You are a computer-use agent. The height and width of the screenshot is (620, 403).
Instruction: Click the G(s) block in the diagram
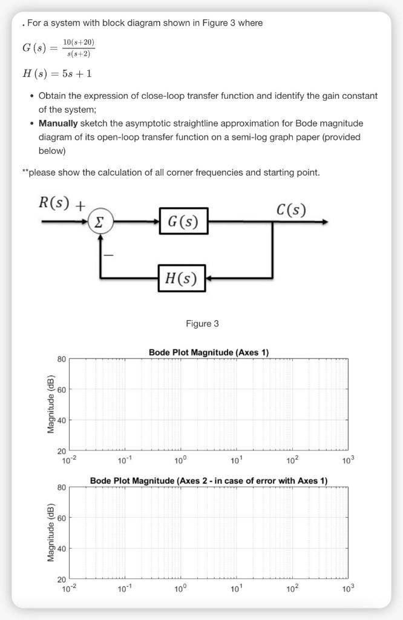click(183, 222)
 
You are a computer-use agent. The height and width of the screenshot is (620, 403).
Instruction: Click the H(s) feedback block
click(182, 279)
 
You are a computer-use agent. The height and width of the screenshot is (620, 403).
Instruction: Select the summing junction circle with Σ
click(100, 222)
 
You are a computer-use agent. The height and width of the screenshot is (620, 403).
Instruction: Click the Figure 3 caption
click(202, 324)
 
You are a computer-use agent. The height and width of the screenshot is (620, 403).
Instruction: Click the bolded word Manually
click(58, 123)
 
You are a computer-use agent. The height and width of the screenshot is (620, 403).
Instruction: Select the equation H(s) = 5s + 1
click(57, 73)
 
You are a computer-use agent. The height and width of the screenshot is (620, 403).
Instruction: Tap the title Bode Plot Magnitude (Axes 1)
click(208, 352)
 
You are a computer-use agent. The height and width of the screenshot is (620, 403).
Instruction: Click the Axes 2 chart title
click(208, 481)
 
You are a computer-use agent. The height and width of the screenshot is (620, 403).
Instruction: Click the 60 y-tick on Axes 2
click(61, 518)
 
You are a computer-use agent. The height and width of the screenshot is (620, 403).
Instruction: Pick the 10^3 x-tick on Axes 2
click(347, 587)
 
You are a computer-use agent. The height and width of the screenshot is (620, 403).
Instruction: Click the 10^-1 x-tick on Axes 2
click(124, 587)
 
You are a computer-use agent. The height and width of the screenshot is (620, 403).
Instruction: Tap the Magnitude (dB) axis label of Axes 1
click(51, 404)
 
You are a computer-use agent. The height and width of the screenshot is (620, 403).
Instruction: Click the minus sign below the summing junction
click(108, 256)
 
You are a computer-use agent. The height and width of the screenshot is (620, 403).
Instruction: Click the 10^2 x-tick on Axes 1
click(292, 459)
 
